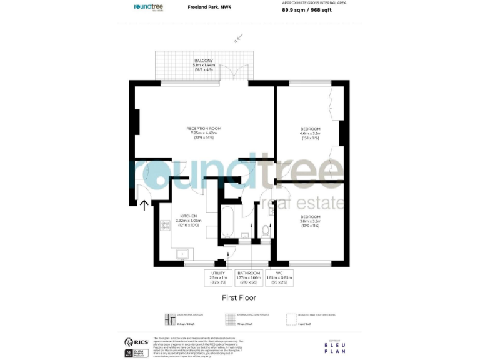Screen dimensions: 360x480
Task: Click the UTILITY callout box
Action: (218, 276)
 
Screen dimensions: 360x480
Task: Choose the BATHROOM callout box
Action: (248, 276)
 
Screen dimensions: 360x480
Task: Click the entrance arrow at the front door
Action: (144, 204)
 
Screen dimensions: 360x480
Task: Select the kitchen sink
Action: (183, 254)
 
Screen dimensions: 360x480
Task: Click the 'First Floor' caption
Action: (239, 298)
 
